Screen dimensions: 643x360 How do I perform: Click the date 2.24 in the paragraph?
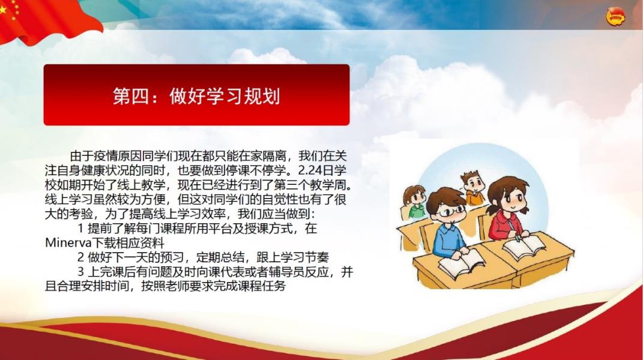click(311, 170)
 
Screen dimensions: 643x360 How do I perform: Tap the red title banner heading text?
click(196, 97)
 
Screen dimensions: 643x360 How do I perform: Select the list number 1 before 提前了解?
click(81, 229)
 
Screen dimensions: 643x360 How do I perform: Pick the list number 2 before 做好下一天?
click(81, 257)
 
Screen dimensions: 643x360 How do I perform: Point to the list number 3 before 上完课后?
click(81, 272)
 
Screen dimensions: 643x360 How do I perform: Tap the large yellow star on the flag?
click(3, 9)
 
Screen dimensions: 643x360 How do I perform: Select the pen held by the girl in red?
click(513, 230)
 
